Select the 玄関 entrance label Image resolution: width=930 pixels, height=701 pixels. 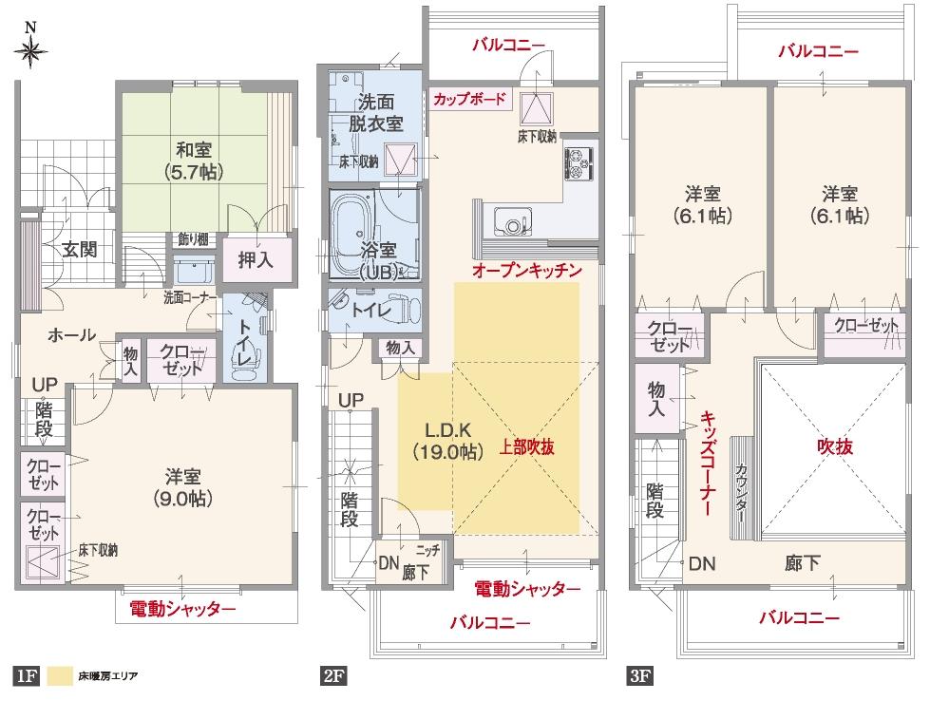click(81, 250)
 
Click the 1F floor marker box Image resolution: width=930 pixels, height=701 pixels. click(25, 677)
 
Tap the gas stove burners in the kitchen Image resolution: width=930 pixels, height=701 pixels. click(579, 161)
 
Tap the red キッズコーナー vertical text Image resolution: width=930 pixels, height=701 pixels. click(708, 464)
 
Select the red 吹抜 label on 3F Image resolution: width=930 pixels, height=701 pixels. click(833, 445)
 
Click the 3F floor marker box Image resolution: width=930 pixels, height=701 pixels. click(639, 677)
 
